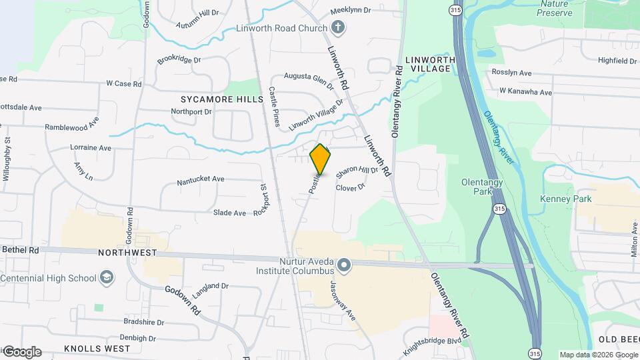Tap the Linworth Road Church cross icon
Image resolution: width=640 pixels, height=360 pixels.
coord(338,28)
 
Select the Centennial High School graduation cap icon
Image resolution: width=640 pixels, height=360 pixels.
coord(105,277)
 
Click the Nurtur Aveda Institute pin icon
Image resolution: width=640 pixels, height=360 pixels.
coord(344,266)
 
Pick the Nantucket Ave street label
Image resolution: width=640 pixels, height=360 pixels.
coord(201,179)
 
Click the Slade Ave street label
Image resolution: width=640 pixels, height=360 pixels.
coord(229,213)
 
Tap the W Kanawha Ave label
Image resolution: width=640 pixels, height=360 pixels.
coord(526,92)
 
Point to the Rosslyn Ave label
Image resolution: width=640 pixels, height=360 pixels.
coord(511,73)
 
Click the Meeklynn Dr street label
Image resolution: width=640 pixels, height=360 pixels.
coord(361,11)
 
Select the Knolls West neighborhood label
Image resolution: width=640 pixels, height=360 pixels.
coord(97,349)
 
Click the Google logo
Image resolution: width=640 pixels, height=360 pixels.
coord(21,352)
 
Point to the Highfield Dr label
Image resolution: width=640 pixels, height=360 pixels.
coord(617,61)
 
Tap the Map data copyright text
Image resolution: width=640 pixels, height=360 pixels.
coord(598,355)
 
